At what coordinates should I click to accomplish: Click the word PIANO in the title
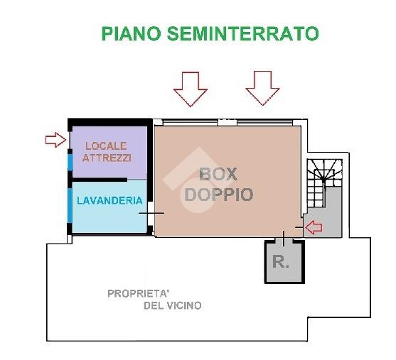(x=132, y=33)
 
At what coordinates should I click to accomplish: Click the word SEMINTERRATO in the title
(x=243, y=33)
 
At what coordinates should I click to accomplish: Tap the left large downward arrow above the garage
(x=191, y=89)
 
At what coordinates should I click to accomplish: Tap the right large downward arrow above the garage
(x=262, y=88)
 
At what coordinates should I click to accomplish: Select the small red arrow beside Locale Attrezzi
(x=55, y=140)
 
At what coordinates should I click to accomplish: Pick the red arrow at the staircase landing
(x=314, y=227)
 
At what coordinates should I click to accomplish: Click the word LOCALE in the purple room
(x=106, y=146)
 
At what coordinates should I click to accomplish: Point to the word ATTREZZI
(x=107, y=158)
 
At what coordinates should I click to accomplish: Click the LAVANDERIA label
(x=109, y=200)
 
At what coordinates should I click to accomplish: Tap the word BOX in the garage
(x=218, y=174)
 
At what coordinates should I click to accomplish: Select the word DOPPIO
(x=219, y=195)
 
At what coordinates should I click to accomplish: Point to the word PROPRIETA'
(x=139, y=294)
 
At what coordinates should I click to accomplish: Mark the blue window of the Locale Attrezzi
(x=70, y=162)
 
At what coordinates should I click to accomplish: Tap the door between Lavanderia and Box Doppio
(x=151, y=213)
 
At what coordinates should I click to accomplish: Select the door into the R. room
(x=284, y=239)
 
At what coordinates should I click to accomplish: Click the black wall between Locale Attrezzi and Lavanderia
(x=100, y=180)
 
